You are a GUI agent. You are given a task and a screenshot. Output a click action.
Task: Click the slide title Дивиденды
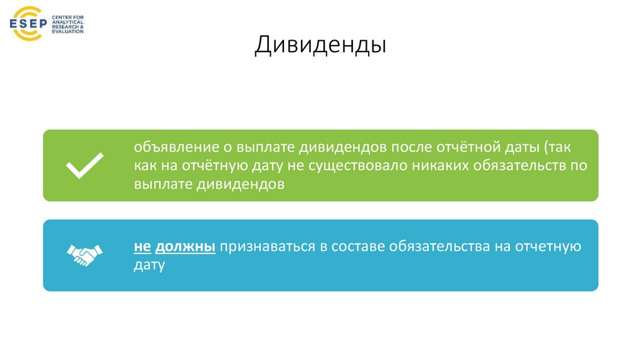pos(320,45)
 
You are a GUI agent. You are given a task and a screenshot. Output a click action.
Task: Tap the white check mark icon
pos(85,166)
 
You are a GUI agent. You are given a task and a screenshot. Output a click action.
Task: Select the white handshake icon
pos(85,254)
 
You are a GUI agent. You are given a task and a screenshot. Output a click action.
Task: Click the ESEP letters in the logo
pos(29,24)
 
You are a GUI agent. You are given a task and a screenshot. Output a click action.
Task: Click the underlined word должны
pos(186,246)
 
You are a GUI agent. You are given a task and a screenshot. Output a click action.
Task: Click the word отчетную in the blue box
pos(548,246)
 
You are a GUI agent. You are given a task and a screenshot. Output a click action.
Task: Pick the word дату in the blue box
pos(149,265)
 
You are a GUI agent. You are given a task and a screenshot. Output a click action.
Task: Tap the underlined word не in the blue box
pos(142,246)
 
